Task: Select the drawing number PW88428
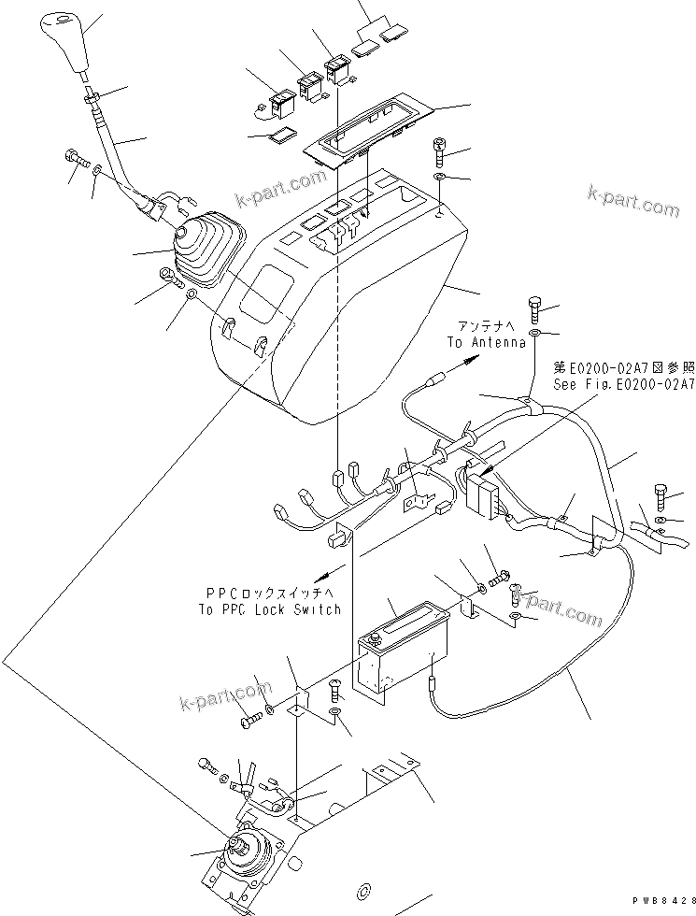click(661, 899)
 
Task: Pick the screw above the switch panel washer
click(441, 149)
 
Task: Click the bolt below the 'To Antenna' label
click(534, 306)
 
